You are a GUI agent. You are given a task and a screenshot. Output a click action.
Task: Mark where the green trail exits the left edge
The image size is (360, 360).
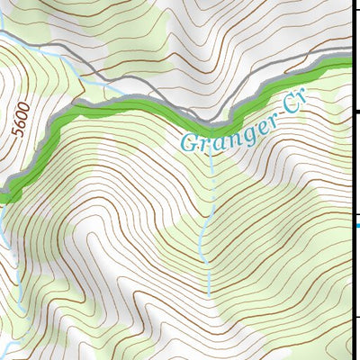pyautogui.click(x=4, y=193)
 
